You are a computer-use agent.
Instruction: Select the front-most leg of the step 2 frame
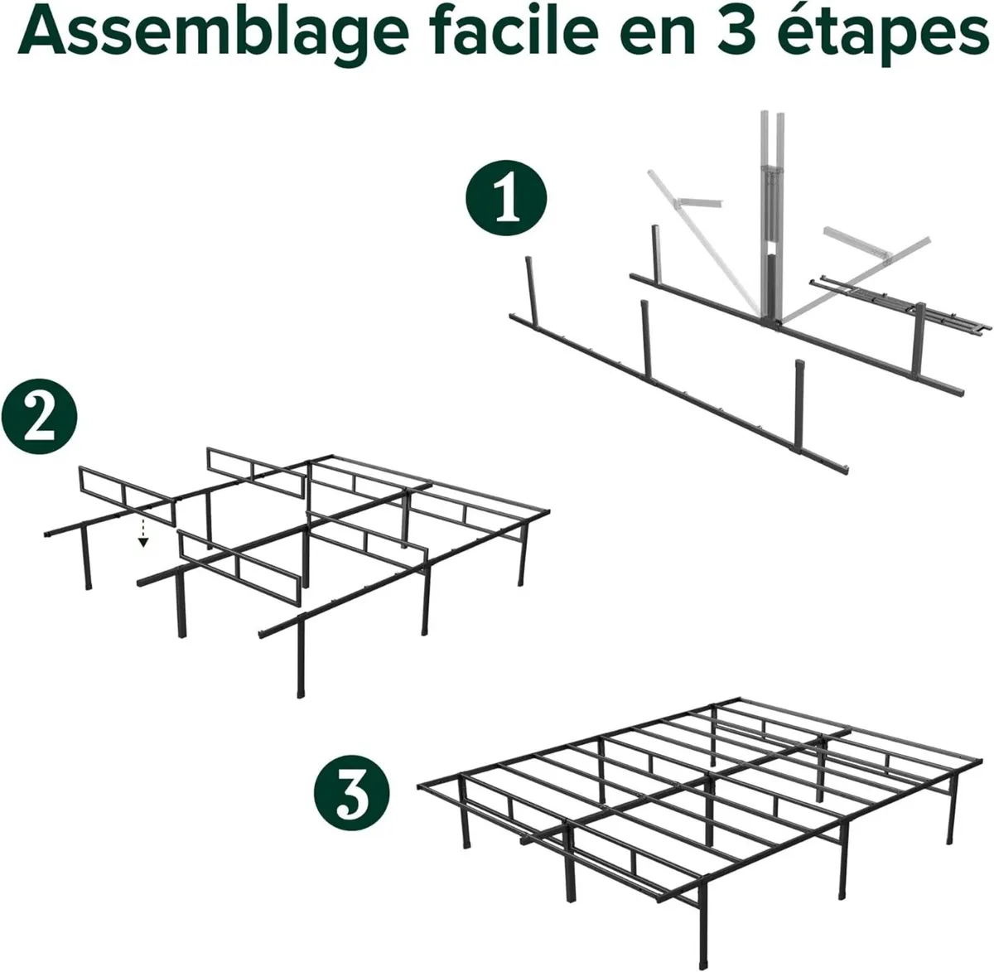click(299, 659)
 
